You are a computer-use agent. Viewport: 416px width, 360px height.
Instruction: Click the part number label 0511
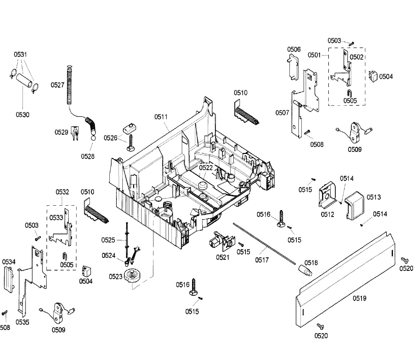pyautogui.click(x=161, y=117)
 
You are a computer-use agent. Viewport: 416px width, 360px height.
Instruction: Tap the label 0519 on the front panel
pyautogui.click(x=359, y=298)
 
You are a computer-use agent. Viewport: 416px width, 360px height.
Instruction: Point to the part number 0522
pyautogui.click(x=206, y=168)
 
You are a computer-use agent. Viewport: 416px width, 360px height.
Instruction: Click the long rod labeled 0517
pyautogui.click(x=263, y=243)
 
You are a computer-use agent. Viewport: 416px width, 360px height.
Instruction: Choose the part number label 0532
pyautogui.click(x=62, y=192)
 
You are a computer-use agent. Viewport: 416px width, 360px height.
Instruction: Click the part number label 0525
pyautogui.click(x=108, y=240)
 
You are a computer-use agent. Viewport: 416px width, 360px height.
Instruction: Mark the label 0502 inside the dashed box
pyautogui.click(x=356, y=57)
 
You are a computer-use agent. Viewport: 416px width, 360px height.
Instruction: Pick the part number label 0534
pyautogui.click(x=9, y=262)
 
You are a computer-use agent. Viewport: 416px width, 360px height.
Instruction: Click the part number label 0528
pyautogui.click(x=88, y=156)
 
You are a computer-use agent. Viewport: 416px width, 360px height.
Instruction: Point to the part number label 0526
pyautogui.click(x=111, y=138)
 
